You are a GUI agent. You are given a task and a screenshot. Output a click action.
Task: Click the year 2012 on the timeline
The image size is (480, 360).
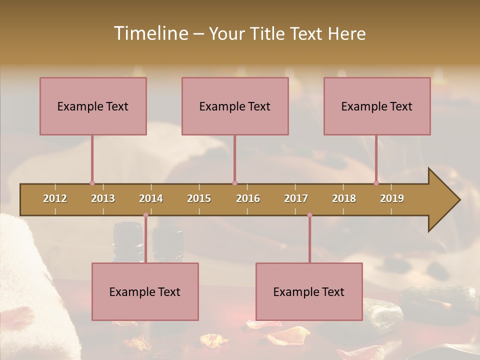[x=55, y=198]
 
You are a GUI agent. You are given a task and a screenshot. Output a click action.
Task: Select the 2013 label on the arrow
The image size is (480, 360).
[x=103, y=198]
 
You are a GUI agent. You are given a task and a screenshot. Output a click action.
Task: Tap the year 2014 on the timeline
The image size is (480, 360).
[x=151, y=198]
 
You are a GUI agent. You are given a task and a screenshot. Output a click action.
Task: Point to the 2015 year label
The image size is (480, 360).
[x=199, y=198]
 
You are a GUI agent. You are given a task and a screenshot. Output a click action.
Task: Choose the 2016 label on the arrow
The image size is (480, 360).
[x=248, y=198]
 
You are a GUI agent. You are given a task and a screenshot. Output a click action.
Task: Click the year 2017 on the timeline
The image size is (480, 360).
[x=296, y=198]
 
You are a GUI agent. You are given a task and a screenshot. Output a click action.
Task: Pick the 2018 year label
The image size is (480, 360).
[x=344, y=198]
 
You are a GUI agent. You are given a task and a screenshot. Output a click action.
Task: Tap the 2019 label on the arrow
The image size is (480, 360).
[x=392, y=198]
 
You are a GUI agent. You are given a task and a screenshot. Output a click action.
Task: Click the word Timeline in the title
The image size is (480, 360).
[x=150, y=33]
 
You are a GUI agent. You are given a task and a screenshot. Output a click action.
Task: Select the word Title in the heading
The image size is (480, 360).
[x=268, y=33]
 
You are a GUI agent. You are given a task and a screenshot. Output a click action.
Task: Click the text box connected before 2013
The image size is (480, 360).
[x=93, y=106]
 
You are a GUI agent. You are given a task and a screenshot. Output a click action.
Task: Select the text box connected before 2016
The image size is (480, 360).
[x=235, y=106]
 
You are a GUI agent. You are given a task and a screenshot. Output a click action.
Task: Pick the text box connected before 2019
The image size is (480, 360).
[x=377, y=106]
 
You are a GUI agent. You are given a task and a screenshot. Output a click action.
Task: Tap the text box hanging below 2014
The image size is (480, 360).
[x=145, y=291]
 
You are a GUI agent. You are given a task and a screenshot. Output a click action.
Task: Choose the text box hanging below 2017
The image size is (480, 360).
[x=309, y=291]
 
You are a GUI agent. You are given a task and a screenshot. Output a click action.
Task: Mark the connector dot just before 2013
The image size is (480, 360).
[x=92, y=183]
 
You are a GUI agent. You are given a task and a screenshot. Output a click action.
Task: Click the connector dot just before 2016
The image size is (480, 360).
[x=234, y=183]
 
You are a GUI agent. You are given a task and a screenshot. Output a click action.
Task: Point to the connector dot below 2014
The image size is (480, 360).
[x=145, y=215]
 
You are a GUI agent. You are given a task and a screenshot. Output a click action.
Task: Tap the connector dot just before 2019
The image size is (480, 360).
[x=376, y=183]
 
